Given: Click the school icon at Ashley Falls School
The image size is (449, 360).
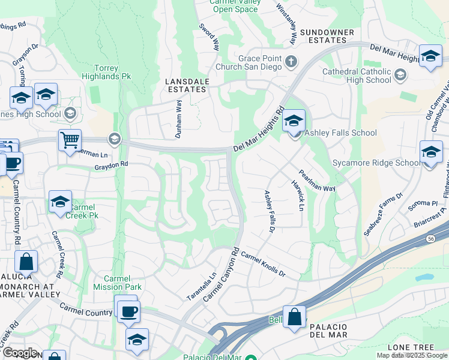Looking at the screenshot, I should point(294,121).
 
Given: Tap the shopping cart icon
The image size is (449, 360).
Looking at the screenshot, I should point(70,141).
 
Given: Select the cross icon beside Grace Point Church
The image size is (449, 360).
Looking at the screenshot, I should point(291,61).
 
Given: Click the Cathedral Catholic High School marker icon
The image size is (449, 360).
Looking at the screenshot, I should point(400,74).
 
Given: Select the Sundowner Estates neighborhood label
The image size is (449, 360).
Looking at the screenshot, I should point(324,36).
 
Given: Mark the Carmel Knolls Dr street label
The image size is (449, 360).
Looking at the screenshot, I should point(263,264).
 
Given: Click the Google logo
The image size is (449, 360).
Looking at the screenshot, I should point(19,353).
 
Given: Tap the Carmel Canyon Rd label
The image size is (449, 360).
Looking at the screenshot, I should point(221,275).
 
